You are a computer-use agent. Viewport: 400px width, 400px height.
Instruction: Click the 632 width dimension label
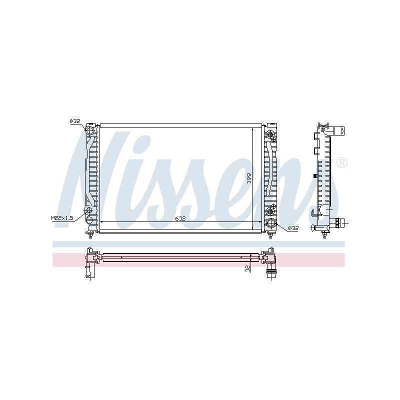tap(180, 218)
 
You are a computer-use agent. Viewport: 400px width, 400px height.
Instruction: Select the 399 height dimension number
tap(249, 178)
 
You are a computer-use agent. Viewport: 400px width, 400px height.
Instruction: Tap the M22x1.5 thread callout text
tap(62, 218)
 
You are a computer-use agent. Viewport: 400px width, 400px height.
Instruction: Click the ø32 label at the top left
tap(75, 121)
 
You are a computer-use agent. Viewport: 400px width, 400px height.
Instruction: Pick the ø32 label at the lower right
tap(293, 228)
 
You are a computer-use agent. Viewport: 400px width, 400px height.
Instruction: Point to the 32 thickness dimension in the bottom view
tap(247, 268)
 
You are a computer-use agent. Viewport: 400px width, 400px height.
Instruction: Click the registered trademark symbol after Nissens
tap(342, 163)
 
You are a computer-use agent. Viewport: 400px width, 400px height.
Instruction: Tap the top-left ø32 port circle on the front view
tap(89, 130)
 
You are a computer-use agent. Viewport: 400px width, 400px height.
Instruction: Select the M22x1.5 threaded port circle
tap(88, 210)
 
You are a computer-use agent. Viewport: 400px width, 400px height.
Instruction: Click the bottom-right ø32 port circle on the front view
tap(270, 223)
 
